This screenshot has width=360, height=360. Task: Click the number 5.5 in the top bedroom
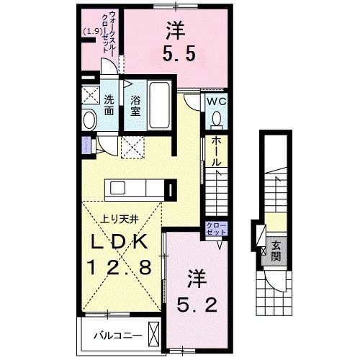tap(178, 55)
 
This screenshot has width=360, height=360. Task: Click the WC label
tap(217, 102)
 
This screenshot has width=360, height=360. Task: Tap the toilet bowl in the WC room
tap(217, 120)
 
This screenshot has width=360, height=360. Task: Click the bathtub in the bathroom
tap(159, 106)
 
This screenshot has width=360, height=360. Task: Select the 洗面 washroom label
tap(109, 106)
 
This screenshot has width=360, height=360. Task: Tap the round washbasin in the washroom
tap(89, 120)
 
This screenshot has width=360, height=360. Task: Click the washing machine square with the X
tap(89, 95)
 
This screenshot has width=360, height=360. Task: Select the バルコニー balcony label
tap(114, 334)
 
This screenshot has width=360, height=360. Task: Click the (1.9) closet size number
tap(91, 31)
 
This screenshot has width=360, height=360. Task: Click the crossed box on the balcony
tap(154, 333)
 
